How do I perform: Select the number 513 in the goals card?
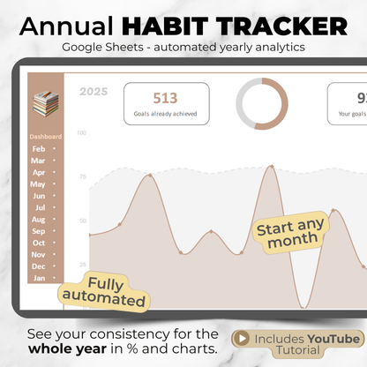click(167, 98)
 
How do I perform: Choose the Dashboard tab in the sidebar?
click(46, 137)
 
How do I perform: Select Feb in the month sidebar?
click(39, 149)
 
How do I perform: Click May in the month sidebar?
click(39, 184)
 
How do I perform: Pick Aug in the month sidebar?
click(39, 219)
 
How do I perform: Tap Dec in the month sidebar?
click(39, 266)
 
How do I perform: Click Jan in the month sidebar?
click(39, 278)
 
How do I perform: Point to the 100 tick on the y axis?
click(81, 133)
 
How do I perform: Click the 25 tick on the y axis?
click(83, 265)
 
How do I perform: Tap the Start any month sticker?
click(291, 232)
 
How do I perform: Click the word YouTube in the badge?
click(333, 339)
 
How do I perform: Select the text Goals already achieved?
click(167, 115)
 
